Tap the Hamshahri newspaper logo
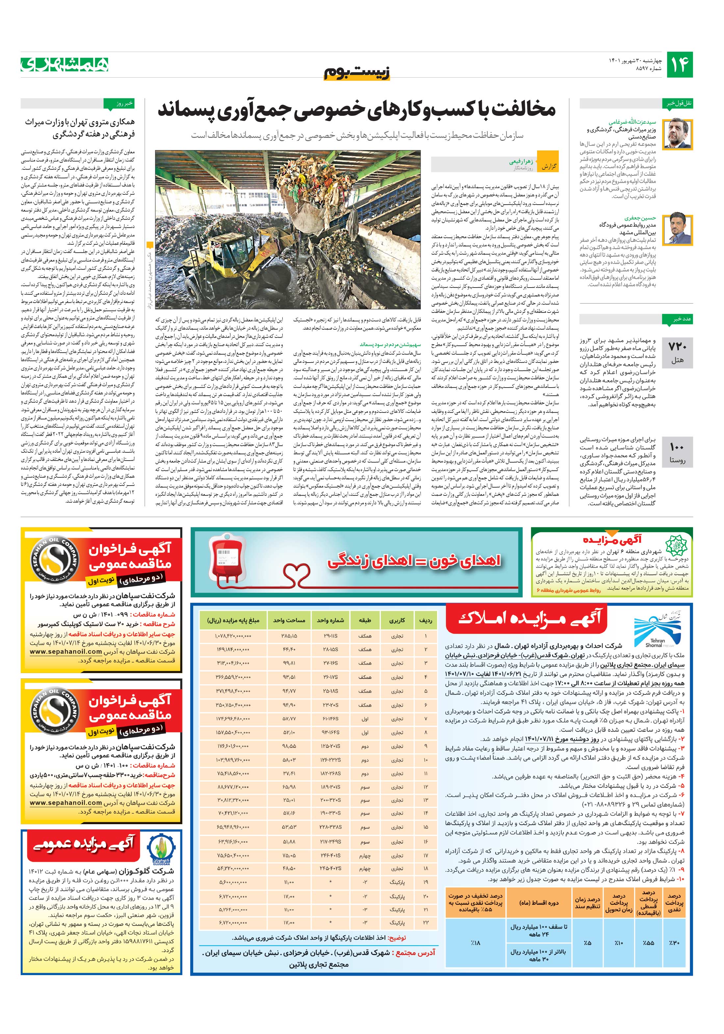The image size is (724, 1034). point(65,65)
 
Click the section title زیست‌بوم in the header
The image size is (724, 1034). point(357,72)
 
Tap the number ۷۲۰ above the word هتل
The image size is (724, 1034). point(677,347)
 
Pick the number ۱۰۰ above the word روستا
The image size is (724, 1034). point(677,447)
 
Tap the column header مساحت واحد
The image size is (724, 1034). point(289,620)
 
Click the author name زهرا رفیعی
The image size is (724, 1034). point(521,161)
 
